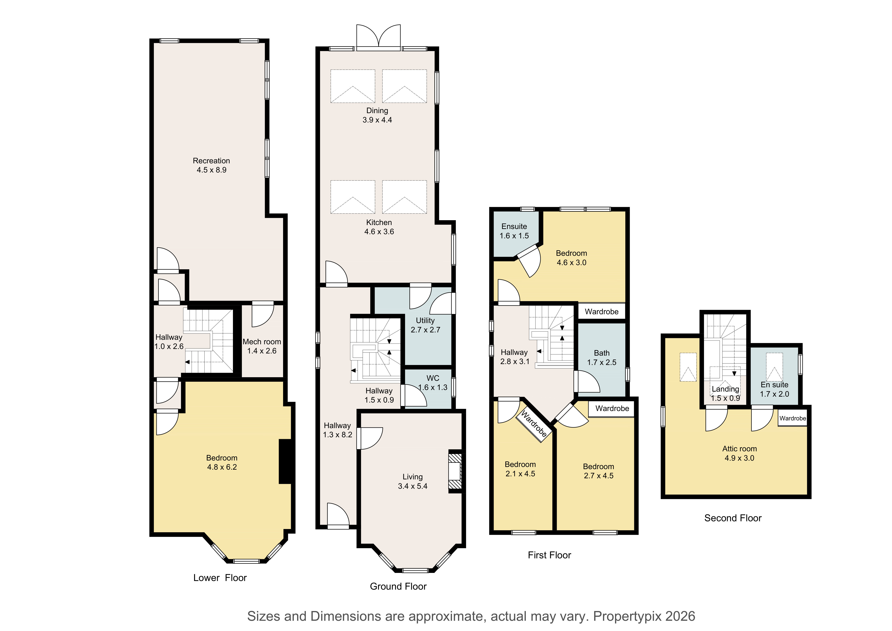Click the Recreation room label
(x=211, y=161)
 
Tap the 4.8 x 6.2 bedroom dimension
(x=222, y=467)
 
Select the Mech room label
(x=262, y=342)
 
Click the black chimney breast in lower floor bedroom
(x=285, y=462)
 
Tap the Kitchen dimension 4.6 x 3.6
(x=379, y=232)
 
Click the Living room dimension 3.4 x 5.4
(x=413, y=486)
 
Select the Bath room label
(x=602, y=353)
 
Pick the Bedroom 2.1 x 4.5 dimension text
(x=520, y=474)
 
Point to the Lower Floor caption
(x=220, y=578)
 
